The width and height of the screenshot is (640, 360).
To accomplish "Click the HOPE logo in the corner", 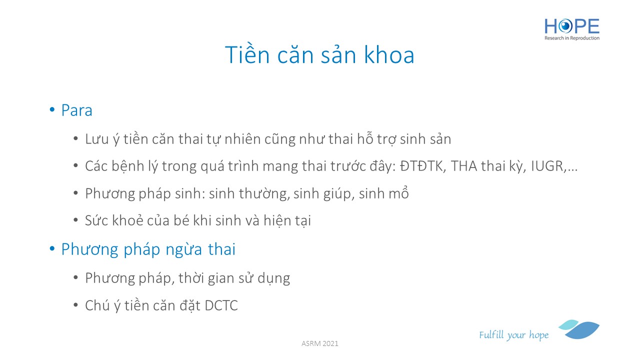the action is point(571,29).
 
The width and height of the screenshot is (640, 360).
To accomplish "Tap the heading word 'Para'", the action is point(77,110).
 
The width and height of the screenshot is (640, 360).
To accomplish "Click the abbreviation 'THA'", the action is point(464,166).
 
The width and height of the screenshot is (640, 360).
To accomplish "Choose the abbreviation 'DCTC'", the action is point(221,305).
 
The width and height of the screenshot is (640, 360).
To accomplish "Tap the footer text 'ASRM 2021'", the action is point(319,343).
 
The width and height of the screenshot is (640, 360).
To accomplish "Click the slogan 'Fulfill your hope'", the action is point(513,335).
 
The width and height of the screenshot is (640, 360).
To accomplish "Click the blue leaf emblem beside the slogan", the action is point(579,329).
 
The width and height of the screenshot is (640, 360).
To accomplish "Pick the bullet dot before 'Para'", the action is point(52,109).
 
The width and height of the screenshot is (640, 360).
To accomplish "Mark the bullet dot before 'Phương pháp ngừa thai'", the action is point(52,248).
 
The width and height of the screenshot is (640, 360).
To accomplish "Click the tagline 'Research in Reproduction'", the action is point(571,38).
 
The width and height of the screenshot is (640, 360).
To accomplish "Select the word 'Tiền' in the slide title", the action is point(247,54).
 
